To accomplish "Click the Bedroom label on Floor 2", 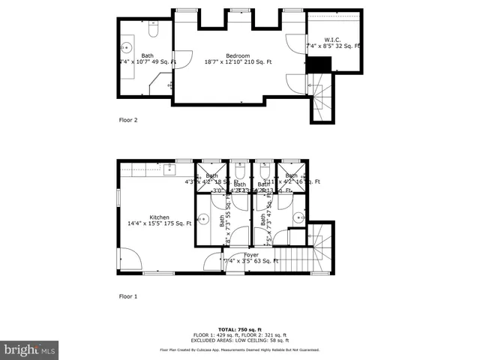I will [238, 55].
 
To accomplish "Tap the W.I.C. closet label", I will [333, 38].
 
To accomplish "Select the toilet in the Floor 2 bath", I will [153, 31].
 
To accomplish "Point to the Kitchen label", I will [159, 217].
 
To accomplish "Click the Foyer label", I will [251, 254].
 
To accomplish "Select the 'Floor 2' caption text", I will [128, 119].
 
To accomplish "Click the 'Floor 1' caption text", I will [128, 296].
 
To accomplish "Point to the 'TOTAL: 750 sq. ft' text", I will [239, 329].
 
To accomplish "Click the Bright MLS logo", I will [30, 349].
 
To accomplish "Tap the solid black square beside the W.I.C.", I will [318, 65].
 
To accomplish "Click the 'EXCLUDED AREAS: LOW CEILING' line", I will [239, 340].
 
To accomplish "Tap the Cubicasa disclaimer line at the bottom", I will [239, 349].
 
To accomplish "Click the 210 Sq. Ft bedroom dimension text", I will [238, 63].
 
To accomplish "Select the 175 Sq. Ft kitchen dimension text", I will [159, 223].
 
